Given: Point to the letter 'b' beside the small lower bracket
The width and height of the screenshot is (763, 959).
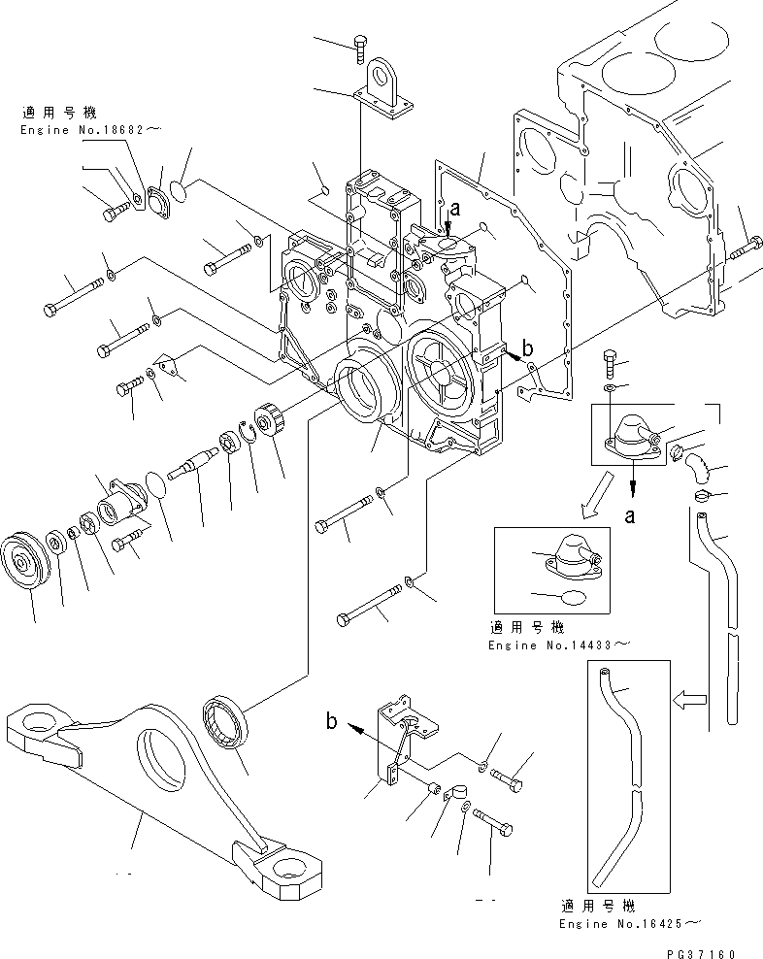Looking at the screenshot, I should point(331,721).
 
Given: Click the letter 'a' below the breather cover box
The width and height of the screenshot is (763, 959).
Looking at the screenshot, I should point(630,516).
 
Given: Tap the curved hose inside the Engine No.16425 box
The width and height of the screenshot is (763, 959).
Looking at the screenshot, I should point(621,767).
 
